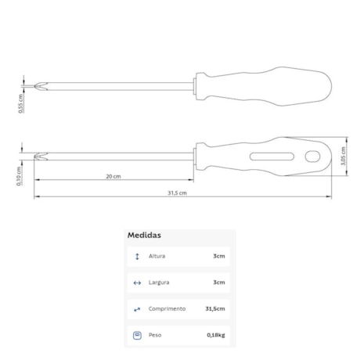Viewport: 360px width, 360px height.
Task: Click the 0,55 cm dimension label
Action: click(x=21, y=103)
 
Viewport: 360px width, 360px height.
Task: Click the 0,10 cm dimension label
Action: click(x=19, y=176)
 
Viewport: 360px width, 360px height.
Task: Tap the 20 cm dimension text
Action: click(x=113, y=176)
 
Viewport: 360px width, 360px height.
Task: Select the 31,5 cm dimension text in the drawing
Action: click(x=177, y=193)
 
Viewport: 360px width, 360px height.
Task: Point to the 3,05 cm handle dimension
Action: click(x=343, y=156)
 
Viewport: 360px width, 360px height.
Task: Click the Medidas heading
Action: click(x=144, y=235)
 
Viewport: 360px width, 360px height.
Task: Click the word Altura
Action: click(x=157, y=256)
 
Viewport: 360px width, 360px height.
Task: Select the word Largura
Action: click(x=159, y=283)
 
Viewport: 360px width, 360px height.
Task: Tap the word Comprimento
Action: click(x=167, y=309)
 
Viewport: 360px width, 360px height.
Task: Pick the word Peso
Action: click(x=155, y=335)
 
